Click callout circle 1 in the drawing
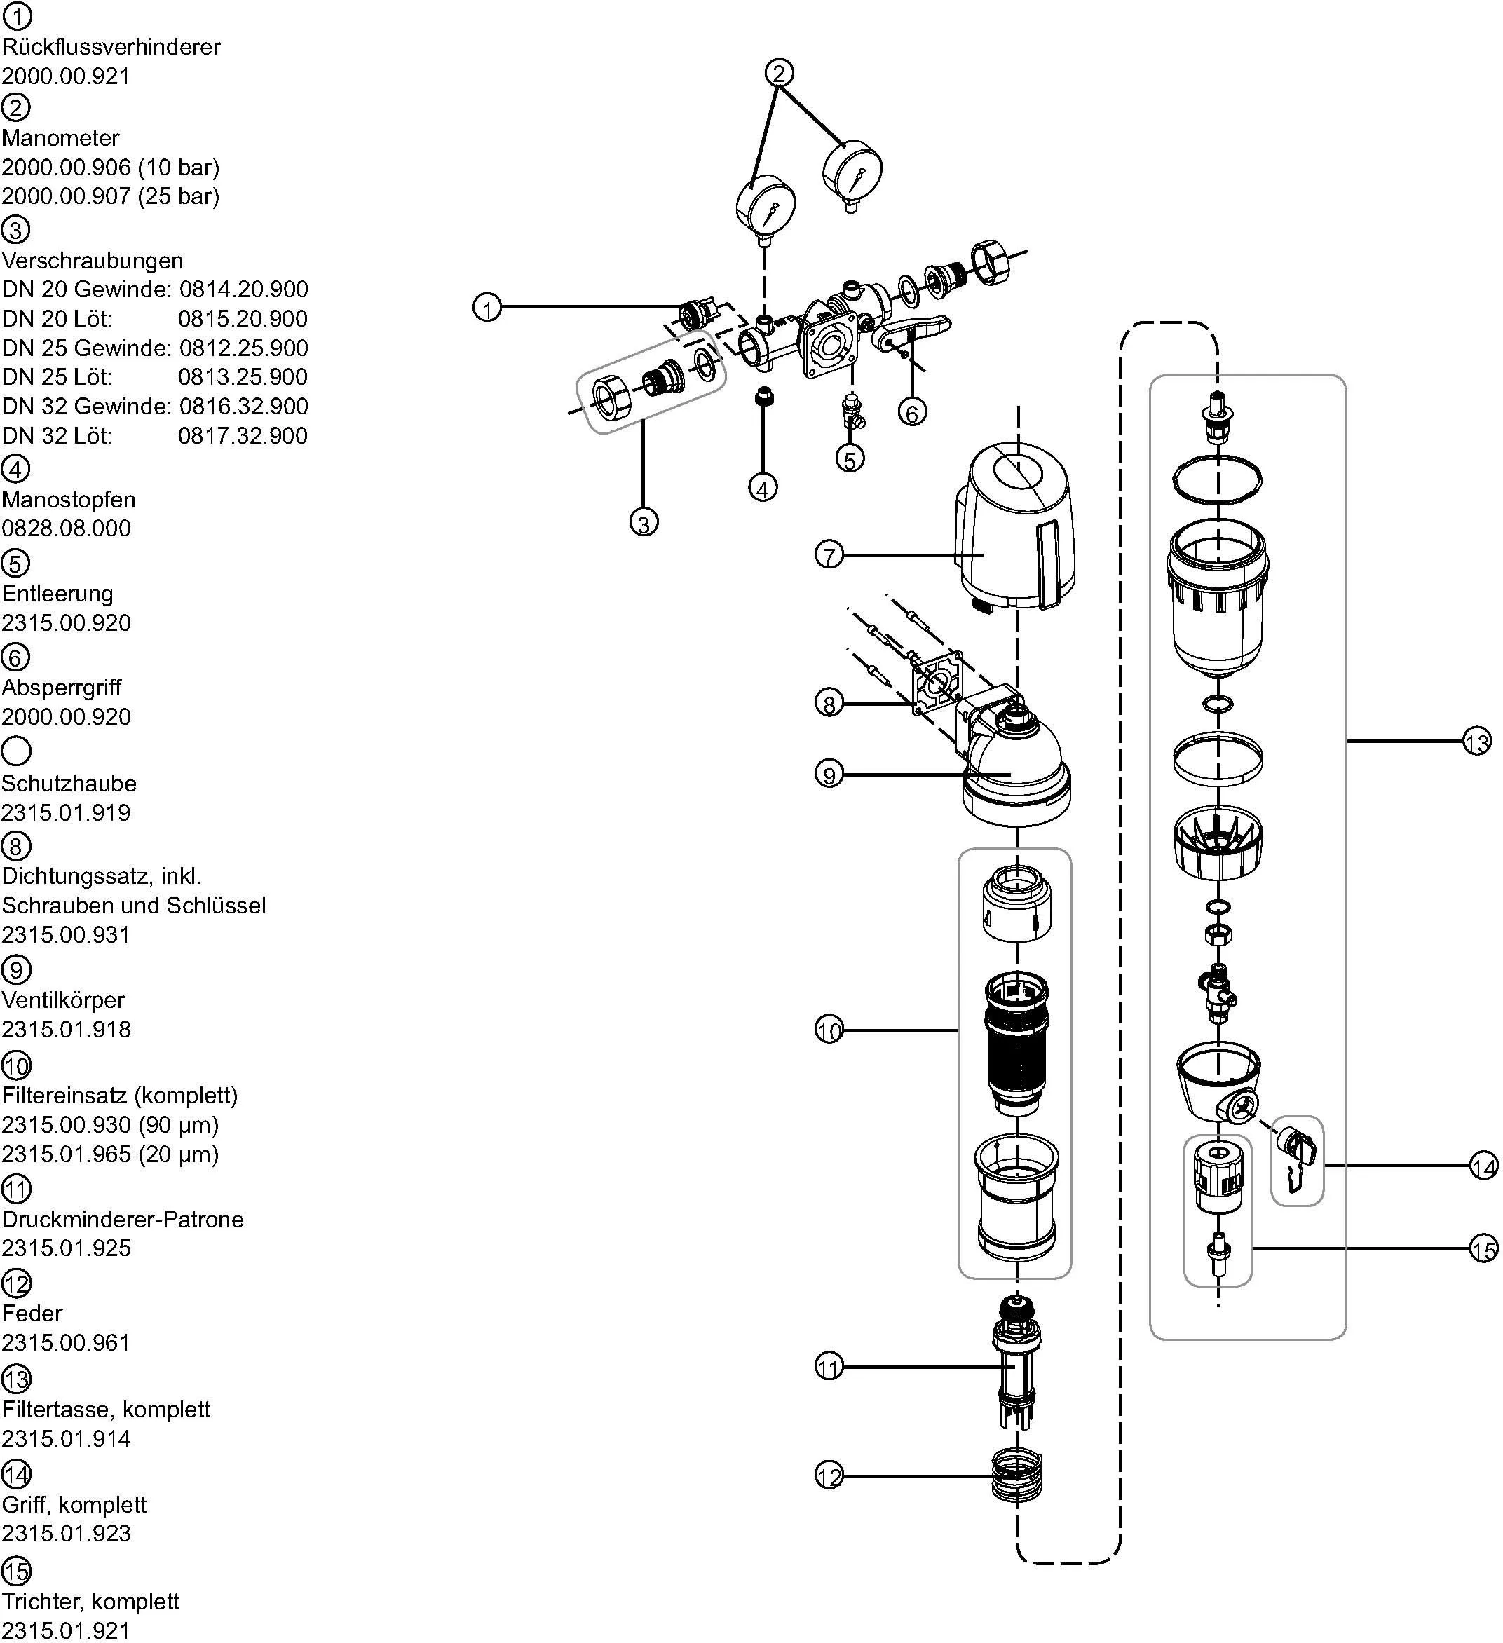tap(487, 308)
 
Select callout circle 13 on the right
tap(1476, 742)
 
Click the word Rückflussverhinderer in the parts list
tap(111, 47)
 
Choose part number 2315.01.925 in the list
tap(66, 1248)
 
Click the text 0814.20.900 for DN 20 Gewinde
tap(244, 289)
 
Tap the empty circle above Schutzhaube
tap(16, 751)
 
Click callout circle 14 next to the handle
tap(1483, 1167)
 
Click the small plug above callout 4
tap(763, 397)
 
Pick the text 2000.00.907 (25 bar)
tap(110, 196)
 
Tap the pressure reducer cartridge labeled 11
tap(1016, 1367)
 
